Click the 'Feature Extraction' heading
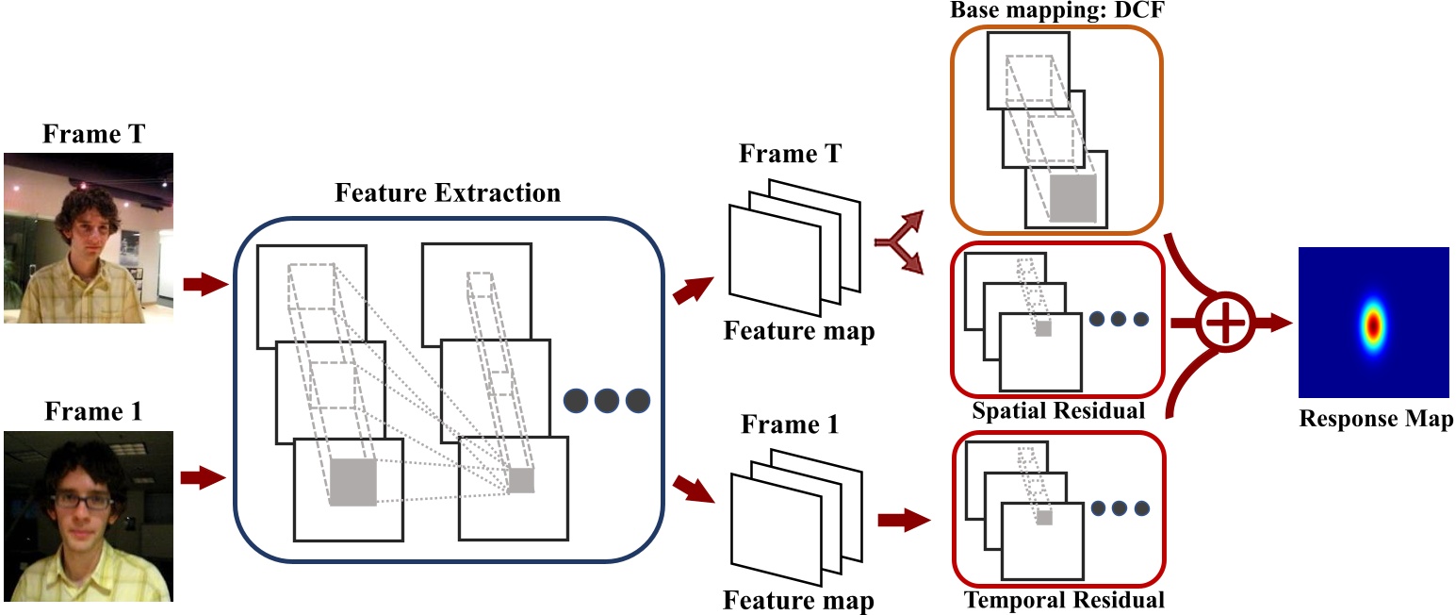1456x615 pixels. pyautogui.click(x=448, y=194)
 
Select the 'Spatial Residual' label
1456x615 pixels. pyautogui.click(x=1058, y=410)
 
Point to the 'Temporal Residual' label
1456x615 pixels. pyautogui.click(x=1063, y=599)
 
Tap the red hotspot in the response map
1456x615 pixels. pyautogui.click(x=1374, y=325)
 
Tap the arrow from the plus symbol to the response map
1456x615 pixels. pyautogui.click(x=1275, y=324)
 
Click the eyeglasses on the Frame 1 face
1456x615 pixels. pyautogui.click(x=85, y=501)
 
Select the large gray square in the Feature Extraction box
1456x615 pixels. pyautogui.click(x=353, y=481)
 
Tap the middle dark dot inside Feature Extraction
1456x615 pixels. pyautogui.click(x=606, y=400)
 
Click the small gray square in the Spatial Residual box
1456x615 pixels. pyautogui.click(x=1043, y=328)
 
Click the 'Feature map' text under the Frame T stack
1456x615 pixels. pyautogui.click(x=798, y=331)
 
